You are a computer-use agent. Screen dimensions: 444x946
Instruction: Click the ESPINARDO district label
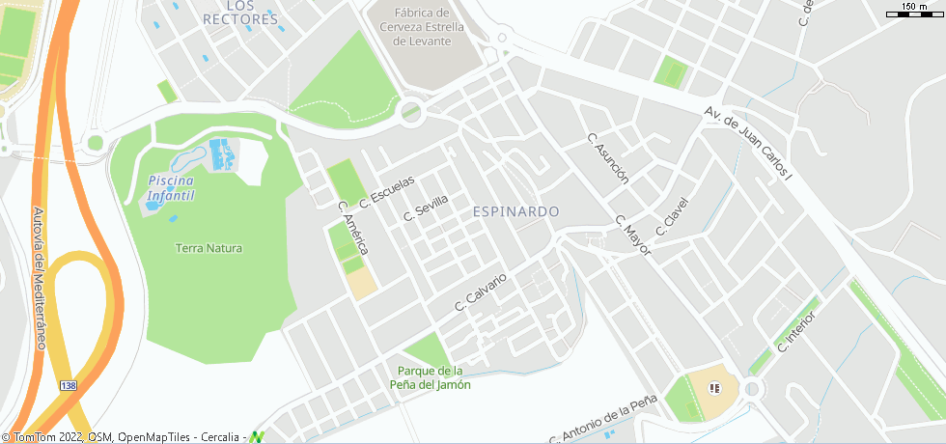point(516,210)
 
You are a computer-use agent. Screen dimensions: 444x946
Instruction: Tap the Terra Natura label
point(209,248)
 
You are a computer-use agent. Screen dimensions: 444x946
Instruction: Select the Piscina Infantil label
point(171,188)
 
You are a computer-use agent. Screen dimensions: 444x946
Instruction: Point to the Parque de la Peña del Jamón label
point(431,377)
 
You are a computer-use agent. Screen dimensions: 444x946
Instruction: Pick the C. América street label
point(353,228)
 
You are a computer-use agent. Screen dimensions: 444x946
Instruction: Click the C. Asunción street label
point(609,158)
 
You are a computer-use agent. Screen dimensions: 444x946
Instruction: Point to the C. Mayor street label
point(633,235)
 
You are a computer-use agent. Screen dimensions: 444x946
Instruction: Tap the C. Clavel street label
point(672,217)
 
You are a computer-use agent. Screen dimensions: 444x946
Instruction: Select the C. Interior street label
point(796,331)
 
